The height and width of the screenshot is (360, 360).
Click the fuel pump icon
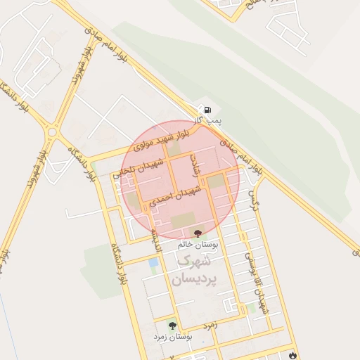pyautogui.click(x=208, y=110)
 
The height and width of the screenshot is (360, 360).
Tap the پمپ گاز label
pyautogui.click(x=208, y=122)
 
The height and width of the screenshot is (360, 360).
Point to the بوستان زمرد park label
pyautogui.click(x=173, y=337)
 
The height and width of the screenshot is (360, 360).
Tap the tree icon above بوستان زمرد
pyautogui.click(x=172, y=326)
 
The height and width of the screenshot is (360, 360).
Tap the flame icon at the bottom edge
pyautogui.click(x=292, y=355)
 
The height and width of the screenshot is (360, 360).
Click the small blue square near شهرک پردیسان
pyautogui.click(x=153, y=262)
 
